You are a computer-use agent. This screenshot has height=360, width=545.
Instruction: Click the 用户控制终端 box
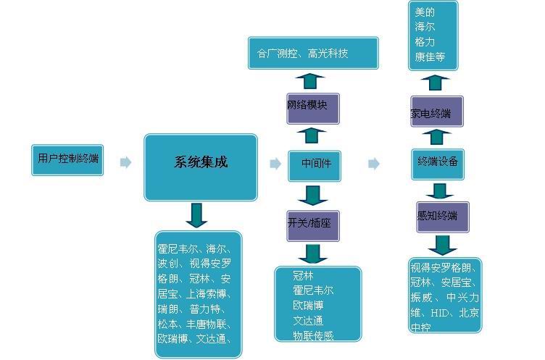click(67, 159)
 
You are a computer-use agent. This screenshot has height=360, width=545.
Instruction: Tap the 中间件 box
click(315, 164)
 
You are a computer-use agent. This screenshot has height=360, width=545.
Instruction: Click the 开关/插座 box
click(313, 225)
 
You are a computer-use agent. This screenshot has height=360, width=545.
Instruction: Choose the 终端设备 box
click(437, 164)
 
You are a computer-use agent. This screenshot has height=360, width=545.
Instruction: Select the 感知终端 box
click(442, 217)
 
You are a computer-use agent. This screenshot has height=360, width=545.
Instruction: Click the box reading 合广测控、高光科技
click(312, 54)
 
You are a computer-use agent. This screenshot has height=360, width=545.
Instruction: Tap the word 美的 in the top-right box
click(425, 12)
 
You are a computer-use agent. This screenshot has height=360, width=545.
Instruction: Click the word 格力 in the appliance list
click(425, 42)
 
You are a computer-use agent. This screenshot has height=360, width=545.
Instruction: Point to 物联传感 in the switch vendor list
click(313, 335)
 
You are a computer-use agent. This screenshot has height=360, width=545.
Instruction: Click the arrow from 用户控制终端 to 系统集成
click(126, 163)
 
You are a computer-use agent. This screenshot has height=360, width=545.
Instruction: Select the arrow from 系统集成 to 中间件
click(275, 164)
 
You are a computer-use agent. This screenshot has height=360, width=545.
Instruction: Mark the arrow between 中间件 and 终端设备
click(374, 164)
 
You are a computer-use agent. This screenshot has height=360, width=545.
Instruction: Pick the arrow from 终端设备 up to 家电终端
click(437, 136)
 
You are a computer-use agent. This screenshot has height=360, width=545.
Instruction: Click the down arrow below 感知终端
click(442, 244)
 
